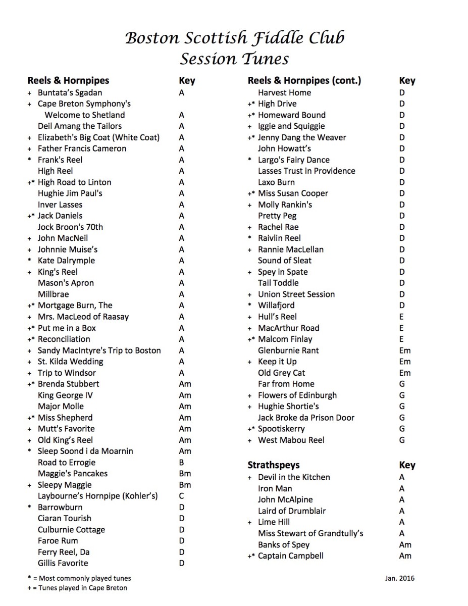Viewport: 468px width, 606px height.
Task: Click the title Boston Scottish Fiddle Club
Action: pyautogui.click(x=235, y=38)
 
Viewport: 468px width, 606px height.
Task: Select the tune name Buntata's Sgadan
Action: pyautogui.click(x=70, y=92)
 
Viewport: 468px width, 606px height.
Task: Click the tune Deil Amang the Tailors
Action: pyautogui.click(x=80, y=126)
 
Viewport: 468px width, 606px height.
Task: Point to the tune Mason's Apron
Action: pyautogui.click(x=66, y=283)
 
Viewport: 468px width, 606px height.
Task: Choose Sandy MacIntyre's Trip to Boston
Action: pyautogui.click(x=99, y=350)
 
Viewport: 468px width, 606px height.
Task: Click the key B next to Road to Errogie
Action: pyautogui.click(x=181, y=463)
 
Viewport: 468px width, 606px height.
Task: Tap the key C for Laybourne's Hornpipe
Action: pyautogui.click(x=181, y=496)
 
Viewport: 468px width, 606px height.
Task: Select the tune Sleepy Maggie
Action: pyautogui.click(x=65, y=485)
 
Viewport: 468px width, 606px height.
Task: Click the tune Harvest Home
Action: pyautogui.click(x=284, y=92)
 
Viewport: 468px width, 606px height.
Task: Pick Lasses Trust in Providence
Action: pyautogui.click(x=306, y=171)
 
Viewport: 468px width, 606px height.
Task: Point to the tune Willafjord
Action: pyautogui.click(x=276, y=306)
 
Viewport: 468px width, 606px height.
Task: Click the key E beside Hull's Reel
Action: pyautogui.click(x=401, y=317)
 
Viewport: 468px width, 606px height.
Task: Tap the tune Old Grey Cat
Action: pyautogui.click(x=282, y=373)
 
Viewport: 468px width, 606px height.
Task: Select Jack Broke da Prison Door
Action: pyautogui.click(x=306, y=418)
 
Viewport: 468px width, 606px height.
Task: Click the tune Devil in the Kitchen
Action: pyautogui.click(x=294, y=477)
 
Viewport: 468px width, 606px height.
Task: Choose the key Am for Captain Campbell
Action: pyautogui.click(x=405, y=556)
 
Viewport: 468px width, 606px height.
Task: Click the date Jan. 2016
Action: pyautogui.click(x=399, y=578)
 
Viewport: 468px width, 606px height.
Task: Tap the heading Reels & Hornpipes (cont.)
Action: pyautogui.click(x=304, y=81)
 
